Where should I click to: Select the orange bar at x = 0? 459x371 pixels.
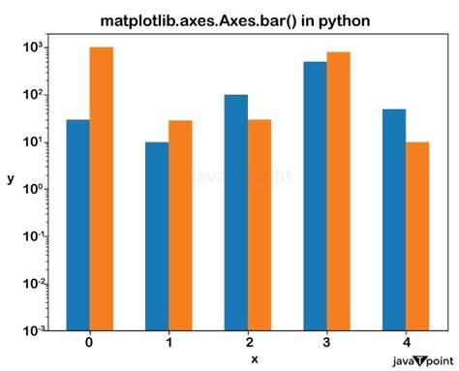[x=102, y=189]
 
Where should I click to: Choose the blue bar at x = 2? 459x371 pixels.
[x=237, y=212]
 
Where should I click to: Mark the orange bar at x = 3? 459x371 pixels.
[x=339, y=191]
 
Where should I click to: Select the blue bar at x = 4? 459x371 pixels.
[x=394, y=220]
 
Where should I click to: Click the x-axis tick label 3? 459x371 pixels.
[x=326, y=343]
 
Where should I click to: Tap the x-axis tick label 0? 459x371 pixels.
[x=89, y=343]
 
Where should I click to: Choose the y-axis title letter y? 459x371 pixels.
[x=10, y=180]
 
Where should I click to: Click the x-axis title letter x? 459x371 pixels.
[x=254, y=359]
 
